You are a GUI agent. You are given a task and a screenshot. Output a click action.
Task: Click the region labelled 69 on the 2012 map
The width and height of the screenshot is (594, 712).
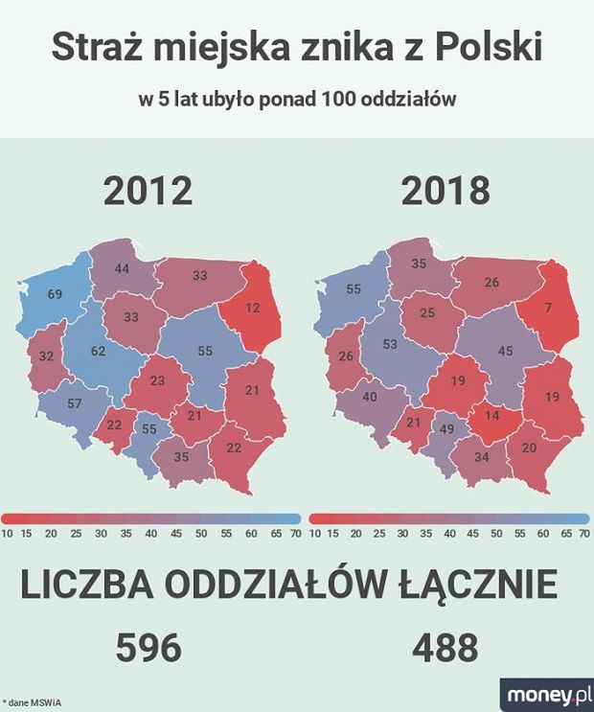click(x=55, y=293)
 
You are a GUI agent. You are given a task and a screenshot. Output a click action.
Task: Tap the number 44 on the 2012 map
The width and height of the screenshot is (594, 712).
click(x=122, y=269)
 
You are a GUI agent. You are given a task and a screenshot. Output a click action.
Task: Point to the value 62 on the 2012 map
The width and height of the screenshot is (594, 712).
click(x=99, y=352)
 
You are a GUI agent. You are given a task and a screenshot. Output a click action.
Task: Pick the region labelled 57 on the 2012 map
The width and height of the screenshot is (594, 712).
click(x=74, y=403)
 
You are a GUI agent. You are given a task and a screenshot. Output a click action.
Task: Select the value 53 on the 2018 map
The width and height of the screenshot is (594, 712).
click(x=389, y=344)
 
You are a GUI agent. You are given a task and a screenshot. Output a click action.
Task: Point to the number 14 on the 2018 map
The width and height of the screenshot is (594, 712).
click(x=491, y=417)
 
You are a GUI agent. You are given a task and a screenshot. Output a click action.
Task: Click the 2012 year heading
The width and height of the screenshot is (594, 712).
click(x=148, y=191)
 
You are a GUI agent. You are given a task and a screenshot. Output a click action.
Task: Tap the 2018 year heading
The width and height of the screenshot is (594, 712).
click(x=445, y=191)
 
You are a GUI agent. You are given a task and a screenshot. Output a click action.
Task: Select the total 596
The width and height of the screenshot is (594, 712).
click(x=148, y=649)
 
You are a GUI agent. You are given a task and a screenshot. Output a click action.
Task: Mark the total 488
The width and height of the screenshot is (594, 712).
click(x=445, y=649)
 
